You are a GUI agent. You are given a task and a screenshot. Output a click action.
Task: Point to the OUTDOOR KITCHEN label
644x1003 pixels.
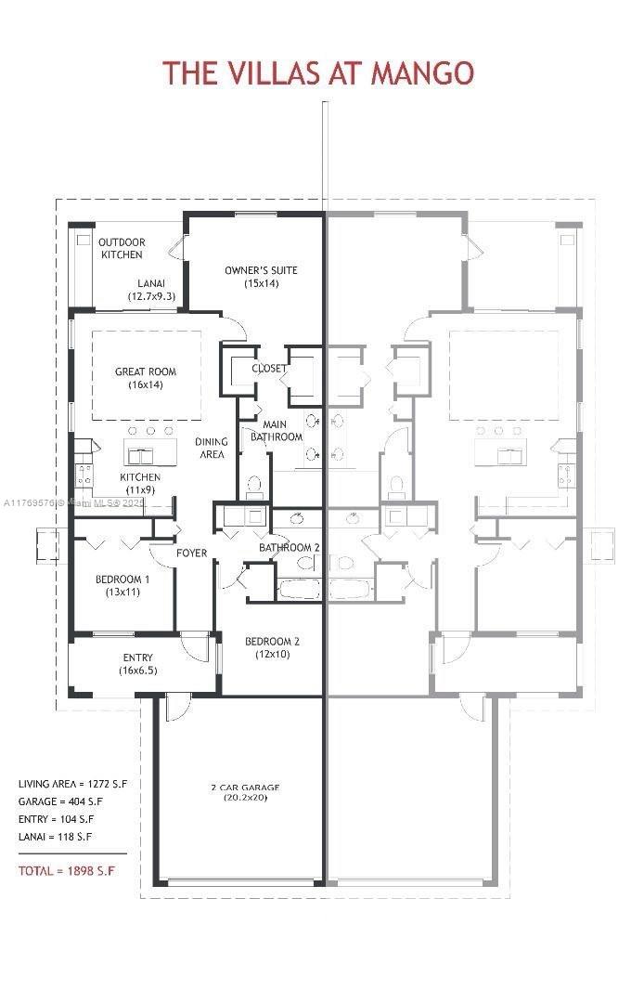click(x=122, y=248)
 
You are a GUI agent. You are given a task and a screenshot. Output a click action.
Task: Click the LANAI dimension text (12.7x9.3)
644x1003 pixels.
click(x=151, y=296)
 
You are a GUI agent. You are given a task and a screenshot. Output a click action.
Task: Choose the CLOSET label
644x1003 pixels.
click(x=268, y=369)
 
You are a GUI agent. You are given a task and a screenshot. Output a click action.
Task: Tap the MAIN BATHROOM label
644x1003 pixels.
click(x=276, y=430)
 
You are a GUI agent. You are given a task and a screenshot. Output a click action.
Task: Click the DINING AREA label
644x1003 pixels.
click(x=212, y=448)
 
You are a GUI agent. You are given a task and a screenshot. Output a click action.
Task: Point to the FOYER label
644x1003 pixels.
click(x=192, y=554)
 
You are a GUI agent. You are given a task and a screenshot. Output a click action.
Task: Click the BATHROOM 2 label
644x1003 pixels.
click(x=289, y=548)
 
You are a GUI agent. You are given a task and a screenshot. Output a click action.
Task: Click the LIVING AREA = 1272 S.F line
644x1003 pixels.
click(x=72, y=784)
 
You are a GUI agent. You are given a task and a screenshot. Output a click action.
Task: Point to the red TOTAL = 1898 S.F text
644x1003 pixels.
click(x=67, y=870)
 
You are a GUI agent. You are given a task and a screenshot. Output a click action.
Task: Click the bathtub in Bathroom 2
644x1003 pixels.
click(x=299, y=588)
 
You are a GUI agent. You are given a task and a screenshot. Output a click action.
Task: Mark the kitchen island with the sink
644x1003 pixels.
click(x=146, y=455)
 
